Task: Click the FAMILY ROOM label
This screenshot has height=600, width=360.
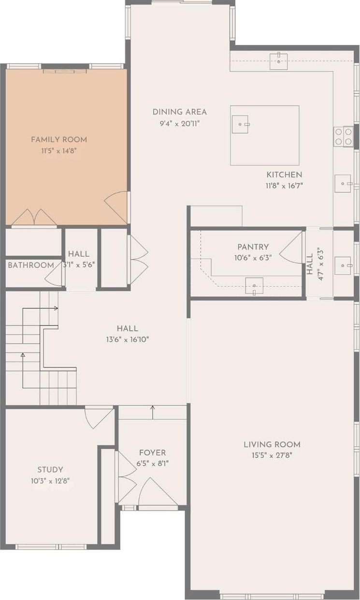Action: (x=59, y=140)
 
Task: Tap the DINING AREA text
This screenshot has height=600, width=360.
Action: (x=180, y=112)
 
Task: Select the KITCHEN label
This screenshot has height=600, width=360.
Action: (x=284, y=175)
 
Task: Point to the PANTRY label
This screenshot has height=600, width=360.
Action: (x=253, y=247)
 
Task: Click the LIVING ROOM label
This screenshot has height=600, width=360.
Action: (x=272, y=444)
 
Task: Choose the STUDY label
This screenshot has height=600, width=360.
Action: (x=50, y=469)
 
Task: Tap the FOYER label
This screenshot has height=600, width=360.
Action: (x=152, y=453)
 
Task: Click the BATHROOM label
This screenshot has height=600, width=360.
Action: (x=31, y=265)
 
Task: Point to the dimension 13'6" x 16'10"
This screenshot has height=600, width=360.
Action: (x=127, y=339)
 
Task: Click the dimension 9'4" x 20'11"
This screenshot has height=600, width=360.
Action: (x=180, y=123)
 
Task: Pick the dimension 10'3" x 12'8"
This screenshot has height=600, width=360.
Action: (x=50, y=481)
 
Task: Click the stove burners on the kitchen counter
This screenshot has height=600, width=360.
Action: (x=343, y=136)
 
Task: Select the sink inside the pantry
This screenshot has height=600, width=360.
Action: (x=254, y=286)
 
